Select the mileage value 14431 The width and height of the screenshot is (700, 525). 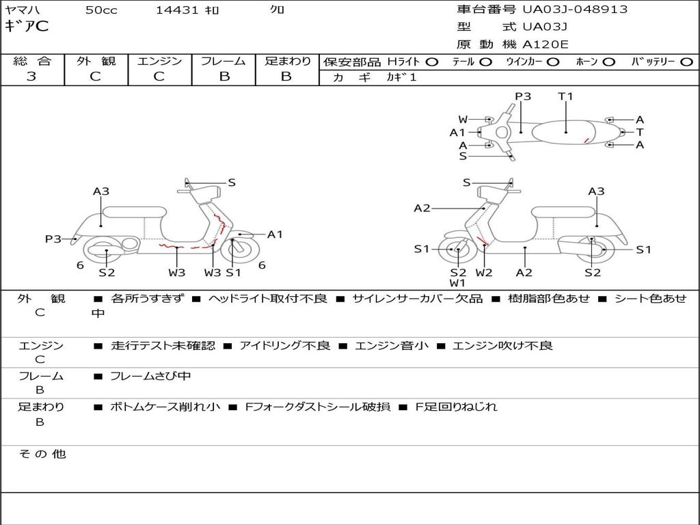click(x=177, y=10)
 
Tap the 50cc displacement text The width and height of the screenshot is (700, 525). click(x=101, y=10)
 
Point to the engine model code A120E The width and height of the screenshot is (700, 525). click(x=546, y=45)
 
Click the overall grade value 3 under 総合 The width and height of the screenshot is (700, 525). click(x=31, y=77)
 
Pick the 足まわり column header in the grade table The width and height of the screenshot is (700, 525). click(x=288, y=61)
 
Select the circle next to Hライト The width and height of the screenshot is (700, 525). click(x=432, y=62)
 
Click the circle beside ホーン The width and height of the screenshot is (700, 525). click(x=608, y=62)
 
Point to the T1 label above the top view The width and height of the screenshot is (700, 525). click(x=565, y=96)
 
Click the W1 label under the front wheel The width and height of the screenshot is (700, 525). click(x=457, y=283)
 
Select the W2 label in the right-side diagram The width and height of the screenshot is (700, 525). click(x=484, y=273)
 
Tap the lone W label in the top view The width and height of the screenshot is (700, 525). click(x=463, y=120)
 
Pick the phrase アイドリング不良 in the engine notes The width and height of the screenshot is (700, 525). click(x=285, y=345)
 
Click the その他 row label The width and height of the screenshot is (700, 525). click(x=42, y=454)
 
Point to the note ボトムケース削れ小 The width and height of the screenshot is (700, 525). click(x=165, y=407)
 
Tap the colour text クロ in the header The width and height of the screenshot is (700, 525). click(x=278, y=10)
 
